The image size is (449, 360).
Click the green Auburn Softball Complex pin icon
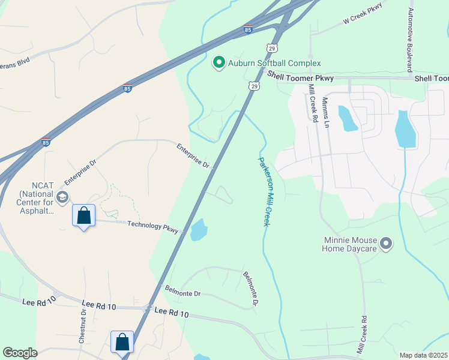tap(219, 62)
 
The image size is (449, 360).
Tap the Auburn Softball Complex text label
tap(274, 63)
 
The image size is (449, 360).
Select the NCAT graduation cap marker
tap(62, 197)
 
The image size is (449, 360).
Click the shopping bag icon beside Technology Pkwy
tap(84, 215)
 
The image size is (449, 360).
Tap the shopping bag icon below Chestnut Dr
tap(122, 342)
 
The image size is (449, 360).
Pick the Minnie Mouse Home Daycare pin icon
tap(386, 244)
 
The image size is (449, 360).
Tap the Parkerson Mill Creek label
tap(264, 191)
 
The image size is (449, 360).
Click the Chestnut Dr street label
tap(82, 328)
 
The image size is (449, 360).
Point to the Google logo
tap(20, 353)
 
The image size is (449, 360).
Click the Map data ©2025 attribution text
tap(423, 355)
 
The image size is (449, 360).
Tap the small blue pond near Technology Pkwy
tap(198, 230)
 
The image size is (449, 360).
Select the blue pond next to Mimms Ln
tap(348, 119)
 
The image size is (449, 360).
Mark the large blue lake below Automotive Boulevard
tap(406, 130)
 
